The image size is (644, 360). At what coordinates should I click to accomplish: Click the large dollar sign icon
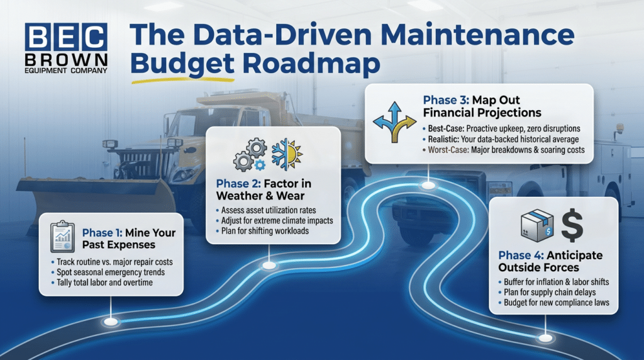[572, 225]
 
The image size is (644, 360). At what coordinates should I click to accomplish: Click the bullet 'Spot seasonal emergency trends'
[104, 272]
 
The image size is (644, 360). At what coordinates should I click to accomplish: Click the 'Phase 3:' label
[445, 100]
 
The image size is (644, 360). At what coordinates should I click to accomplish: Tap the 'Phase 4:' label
[521, 256]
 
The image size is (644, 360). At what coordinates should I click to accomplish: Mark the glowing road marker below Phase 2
[269, 266]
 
